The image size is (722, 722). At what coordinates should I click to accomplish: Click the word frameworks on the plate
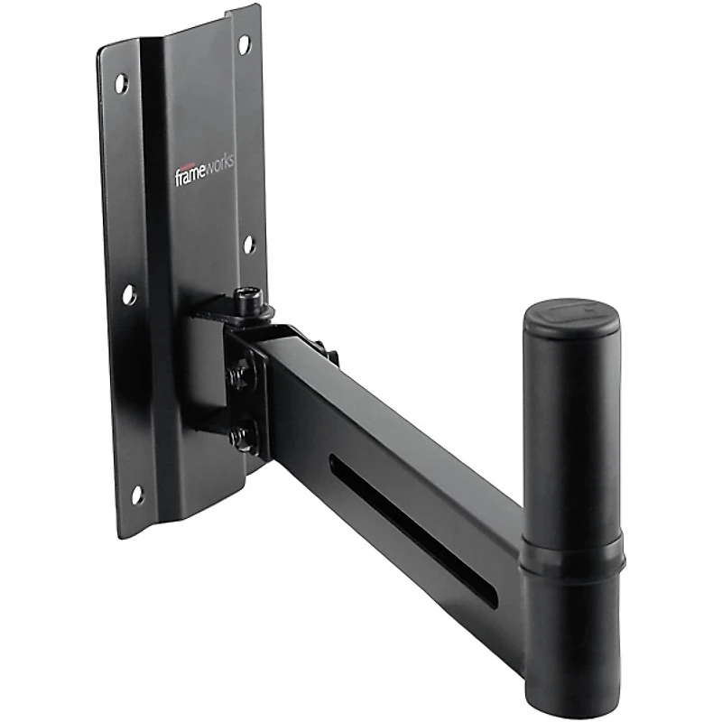[204, 171]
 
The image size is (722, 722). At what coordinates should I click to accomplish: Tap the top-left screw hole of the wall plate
[121, 84]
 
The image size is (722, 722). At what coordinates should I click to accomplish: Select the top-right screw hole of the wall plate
[245, 42]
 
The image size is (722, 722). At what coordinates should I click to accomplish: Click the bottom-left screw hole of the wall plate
[137, 495]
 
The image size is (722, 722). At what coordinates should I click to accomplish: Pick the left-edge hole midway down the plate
[129, 294]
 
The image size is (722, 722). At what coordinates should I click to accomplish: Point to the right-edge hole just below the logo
[249, 245]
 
